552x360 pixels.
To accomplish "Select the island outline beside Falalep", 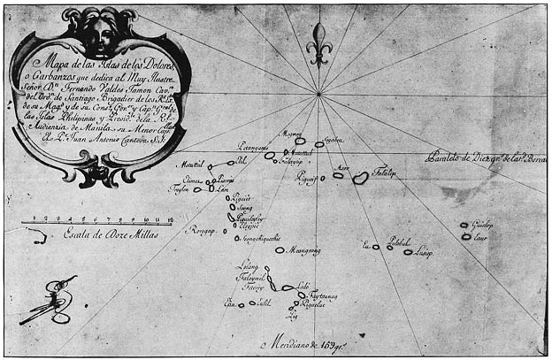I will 361,178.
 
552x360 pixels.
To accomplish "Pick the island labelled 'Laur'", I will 466,237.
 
